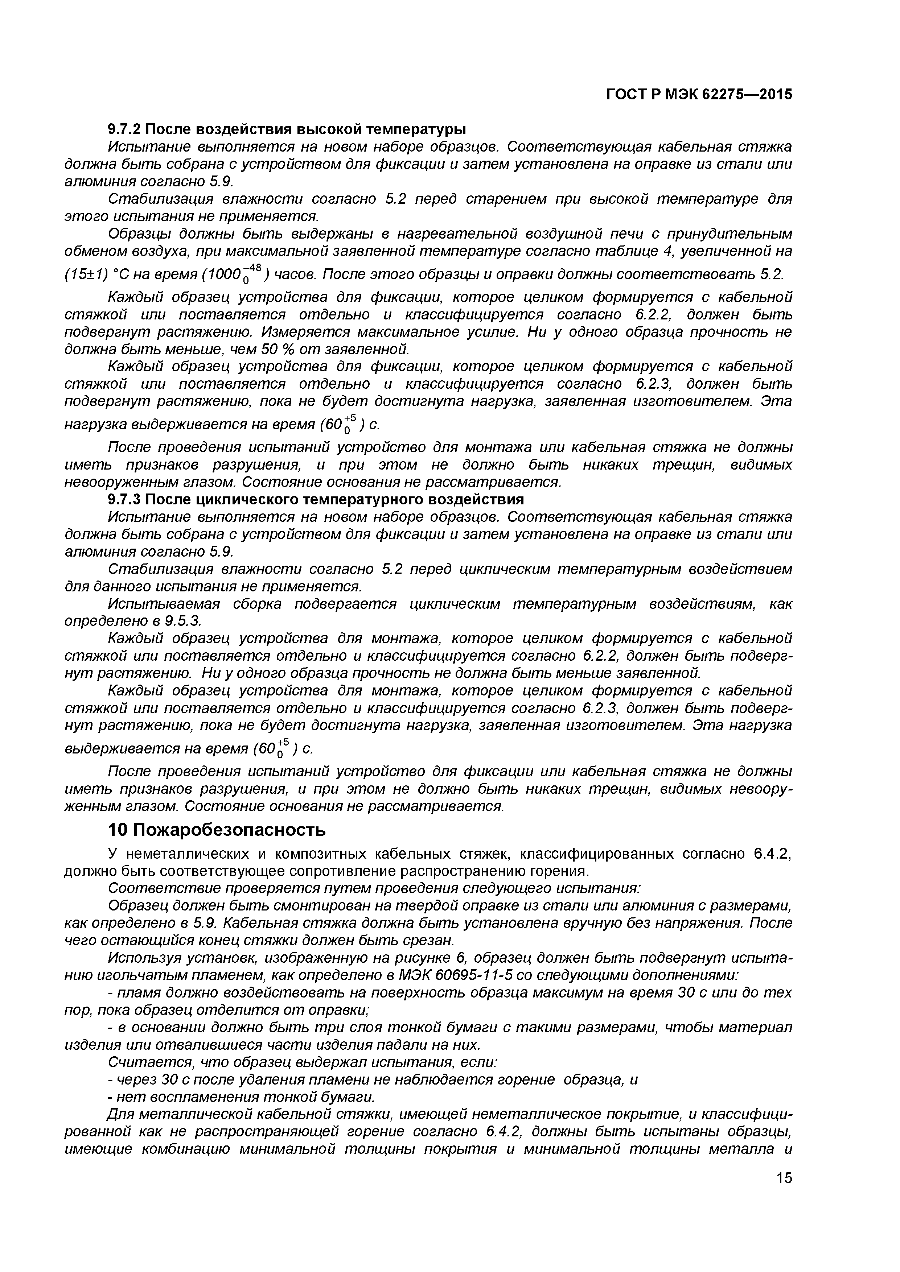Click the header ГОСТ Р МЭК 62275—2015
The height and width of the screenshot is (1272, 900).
click(699, 95)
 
